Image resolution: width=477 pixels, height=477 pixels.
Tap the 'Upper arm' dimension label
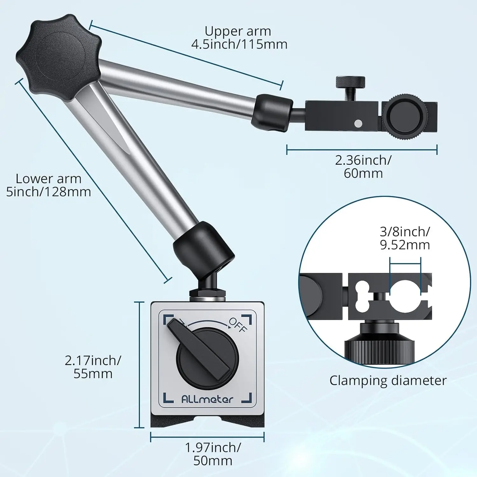coord(239,38)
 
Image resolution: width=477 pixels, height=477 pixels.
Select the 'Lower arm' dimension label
coord(48,185)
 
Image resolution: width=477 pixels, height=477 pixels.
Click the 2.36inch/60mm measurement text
coord(363,167)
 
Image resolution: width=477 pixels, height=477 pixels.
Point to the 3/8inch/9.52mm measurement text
coord(405,238)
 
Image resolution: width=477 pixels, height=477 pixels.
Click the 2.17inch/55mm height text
coord(93,367)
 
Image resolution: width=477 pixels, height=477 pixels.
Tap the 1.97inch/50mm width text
coord(213,454)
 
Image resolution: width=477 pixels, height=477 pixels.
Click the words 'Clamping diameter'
coord(388,381)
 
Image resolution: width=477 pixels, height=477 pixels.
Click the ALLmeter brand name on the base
coord(207,399)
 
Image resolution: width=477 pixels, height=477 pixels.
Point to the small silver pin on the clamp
coord(358,123)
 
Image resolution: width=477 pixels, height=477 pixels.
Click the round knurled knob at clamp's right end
coord(404,117)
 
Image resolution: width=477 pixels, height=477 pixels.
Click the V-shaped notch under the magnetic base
coord(207,420)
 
